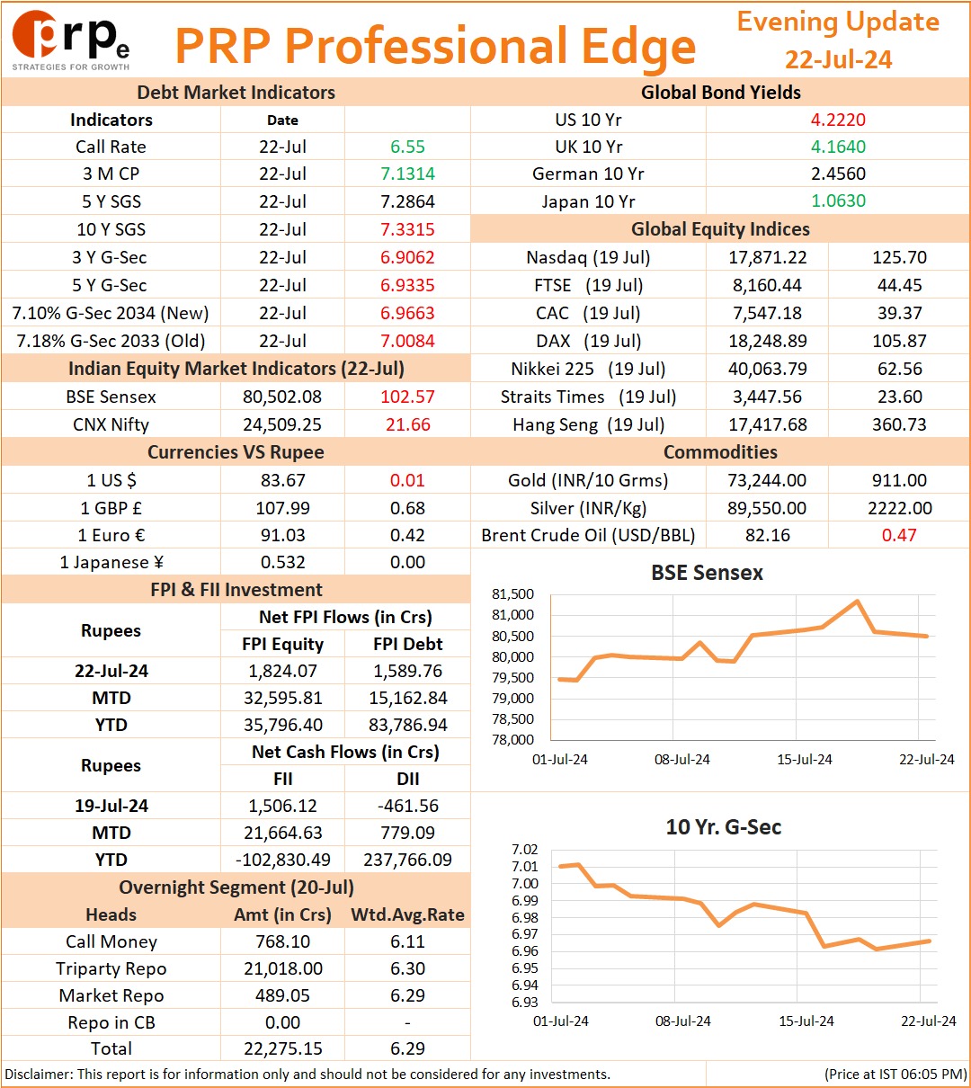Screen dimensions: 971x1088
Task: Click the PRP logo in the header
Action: click(x=70, y=40)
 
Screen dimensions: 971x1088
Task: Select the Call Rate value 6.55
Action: click(x=407, y=147)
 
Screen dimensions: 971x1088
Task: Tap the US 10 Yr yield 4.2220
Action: click(x=838, y=120)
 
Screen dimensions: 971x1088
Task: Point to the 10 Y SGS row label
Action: click(x=111, y=229)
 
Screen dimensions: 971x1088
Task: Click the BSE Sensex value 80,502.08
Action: click(x=282, y=397)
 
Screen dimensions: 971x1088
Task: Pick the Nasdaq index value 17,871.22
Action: click(x=768, y=257)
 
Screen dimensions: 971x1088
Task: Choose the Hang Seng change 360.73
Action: click(x=899, y=424)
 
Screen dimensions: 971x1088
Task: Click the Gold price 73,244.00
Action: click(x=767, y=480)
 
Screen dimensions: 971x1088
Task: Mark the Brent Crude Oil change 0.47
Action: click(x=899, y=535)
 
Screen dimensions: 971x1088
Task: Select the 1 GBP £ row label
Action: click(x=111, y=508)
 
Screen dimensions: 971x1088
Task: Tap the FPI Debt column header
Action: click(x=407, y=644)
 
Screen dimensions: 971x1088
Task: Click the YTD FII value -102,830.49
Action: click(x=283, y=860)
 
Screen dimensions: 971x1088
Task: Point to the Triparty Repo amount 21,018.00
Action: click(x=283, y=968)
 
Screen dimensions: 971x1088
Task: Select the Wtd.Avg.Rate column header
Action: click(x=407, y=914)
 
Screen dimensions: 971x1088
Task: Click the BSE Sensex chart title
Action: click(x=707, y=573)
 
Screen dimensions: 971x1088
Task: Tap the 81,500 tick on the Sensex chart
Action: click(x=512, y=594)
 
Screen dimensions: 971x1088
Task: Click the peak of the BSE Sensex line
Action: click(x=857, y=601)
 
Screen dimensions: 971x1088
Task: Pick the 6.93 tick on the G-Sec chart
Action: click(x=524, y=1002)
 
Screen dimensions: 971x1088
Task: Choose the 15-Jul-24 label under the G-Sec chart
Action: click(x=806, y=1021)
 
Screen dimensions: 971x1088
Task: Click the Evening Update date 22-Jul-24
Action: click(x=838, y=59)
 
